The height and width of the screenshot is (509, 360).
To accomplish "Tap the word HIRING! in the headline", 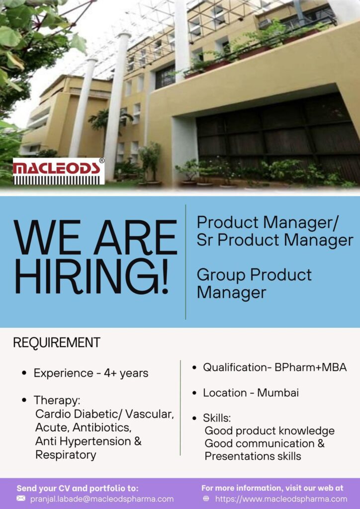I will (91, 276).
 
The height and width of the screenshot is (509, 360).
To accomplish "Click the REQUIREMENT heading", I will (56, 342).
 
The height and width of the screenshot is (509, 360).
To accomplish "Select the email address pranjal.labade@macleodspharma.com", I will (102, 499).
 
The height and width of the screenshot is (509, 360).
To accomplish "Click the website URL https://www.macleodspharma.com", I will (281, 499).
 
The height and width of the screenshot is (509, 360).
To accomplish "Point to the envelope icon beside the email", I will (21, 499).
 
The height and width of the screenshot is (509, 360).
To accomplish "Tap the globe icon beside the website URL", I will (206, 499).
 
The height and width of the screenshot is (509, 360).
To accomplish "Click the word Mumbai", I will (278, 393).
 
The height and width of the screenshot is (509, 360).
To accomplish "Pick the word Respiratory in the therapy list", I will (66, 455).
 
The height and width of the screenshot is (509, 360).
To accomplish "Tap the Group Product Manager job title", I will (254, 283).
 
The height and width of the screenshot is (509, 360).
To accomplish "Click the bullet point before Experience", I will (24, 373).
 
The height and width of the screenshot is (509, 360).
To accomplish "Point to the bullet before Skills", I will (194, 418).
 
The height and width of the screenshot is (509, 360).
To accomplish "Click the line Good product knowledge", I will (270, 430).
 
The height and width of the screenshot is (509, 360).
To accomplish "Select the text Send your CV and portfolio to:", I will (78, 488).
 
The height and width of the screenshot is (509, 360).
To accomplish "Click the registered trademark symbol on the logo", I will (101, 161).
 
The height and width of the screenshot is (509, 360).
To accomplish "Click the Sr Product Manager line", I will (274, 240).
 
